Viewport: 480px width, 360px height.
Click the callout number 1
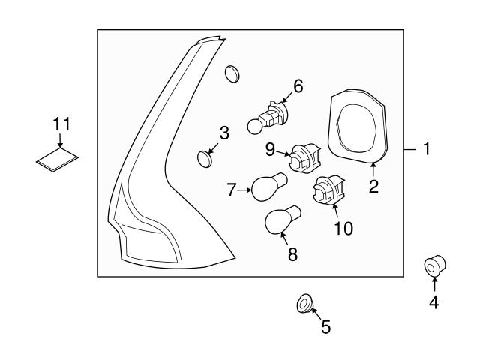tap(425, 150)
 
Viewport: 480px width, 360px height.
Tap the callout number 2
tap(373, 187)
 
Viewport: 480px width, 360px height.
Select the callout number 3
tap(223, 134)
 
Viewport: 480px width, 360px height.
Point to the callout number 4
tap(434, 303)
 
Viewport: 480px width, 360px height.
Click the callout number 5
tap(325, 327)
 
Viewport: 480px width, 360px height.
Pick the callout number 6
tap(298, 87)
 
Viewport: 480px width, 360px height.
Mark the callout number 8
tap(292, 255)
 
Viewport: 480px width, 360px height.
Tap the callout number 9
tap(271, 150)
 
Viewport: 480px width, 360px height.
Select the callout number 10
tap(343, 227)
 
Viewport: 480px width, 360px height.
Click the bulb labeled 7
tap(265, 187)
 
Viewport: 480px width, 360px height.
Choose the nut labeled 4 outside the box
tap(433, 267)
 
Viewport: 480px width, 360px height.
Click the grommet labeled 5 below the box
tap(304, 304)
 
